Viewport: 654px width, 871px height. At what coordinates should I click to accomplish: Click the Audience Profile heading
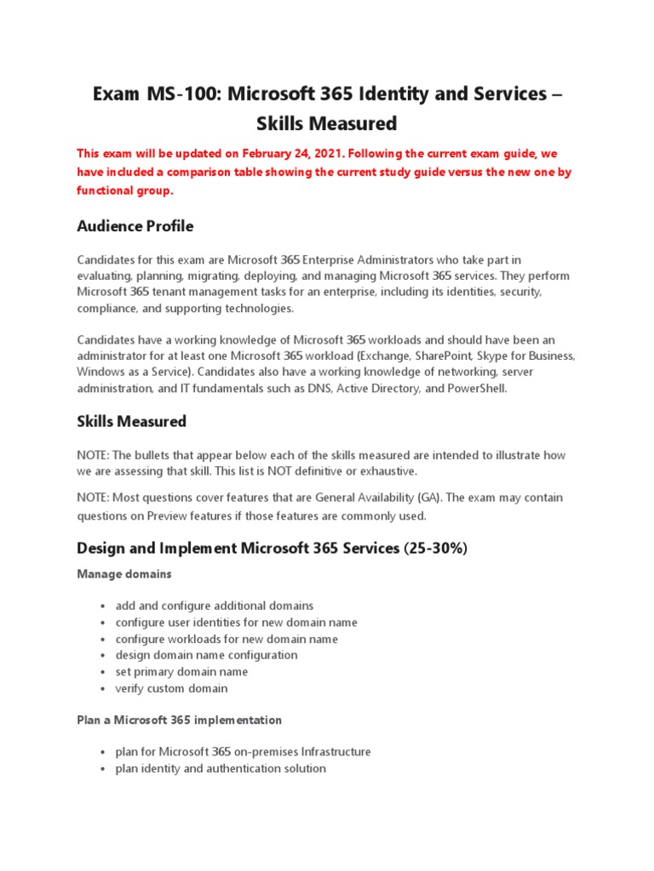tap(135, 226)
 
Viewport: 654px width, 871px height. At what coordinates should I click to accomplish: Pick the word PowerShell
tap(479, 388)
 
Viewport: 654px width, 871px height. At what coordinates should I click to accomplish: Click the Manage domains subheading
tap(123, 574)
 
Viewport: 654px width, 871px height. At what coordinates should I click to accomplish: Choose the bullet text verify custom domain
tap(171, 688)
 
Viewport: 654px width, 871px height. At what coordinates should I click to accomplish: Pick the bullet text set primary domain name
tap(181, 672)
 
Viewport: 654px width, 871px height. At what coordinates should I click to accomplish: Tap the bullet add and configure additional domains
tap(214, 606)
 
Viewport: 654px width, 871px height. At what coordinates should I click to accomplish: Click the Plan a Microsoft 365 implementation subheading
tap(179, 720)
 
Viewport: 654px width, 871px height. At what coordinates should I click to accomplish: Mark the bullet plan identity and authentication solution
tap(221, 768)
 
